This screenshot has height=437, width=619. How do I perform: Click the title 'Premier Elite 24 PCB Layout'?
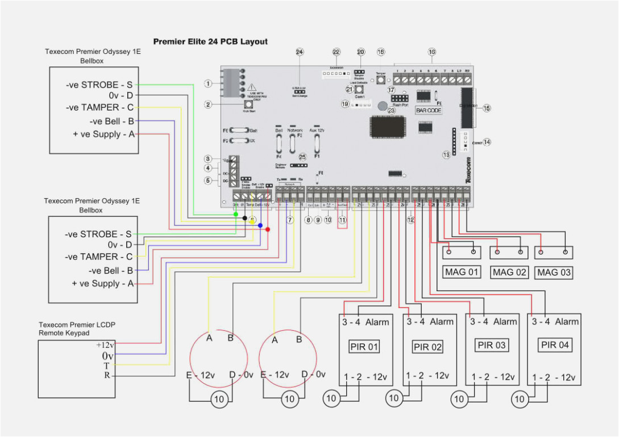tap(210, 41)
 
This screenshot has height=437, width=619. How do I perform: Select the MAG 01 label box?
tap(462, 272)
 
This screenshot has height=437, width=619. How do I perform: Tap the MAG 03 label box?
tap(554, 272)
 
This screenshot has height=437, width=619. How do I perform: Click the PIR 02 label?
tap(427, 347)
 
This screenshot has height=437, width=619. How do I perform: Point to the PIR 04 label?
tap(555, 345)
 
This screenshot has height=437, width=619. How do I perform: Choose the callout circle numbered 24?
tap(300, 52)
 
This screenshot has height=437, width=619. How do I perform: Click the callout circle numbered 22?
tap(336, 52)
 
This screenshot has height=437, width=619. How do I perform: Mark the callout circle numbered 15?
tap(487, 108)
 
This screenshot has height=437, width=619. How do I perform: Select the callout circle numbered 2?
tap(208, 104)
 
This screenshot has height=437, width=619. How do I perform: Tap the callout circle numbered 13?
tap(446, 154)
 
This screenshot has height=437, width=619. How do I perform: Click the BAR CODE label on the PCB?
tap(429, 110)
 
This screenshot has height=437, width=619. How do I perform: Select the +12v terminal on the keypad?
tap(106, 345)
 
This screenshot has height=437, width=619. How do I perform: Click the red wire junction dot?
tap(268, 229)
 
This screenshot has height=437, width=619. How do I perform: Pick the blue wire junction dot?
tap(260, 225)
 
